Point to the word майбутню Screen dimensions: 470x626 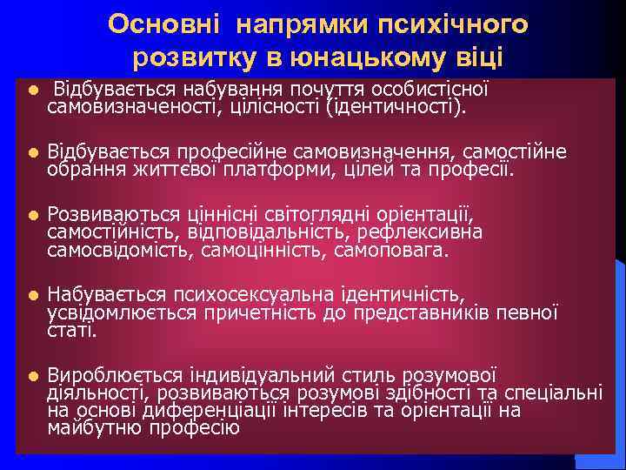(95, 427)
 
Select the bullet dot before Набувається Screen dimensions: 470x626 (31, 295)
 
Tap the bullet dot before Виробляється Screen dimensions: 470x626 (31, 376)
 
